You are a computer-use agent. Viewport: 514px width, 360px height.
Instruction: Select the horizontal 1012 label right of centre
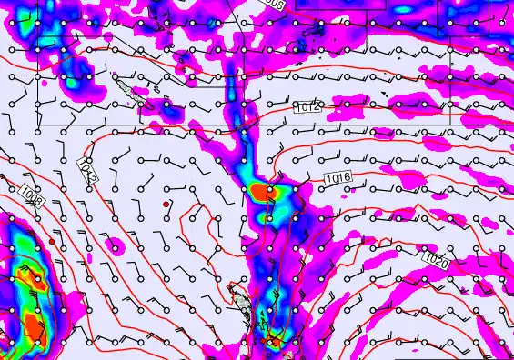point(308,108)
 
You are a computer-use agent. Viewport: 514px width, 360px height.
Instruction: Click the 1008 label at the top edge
point(270,5)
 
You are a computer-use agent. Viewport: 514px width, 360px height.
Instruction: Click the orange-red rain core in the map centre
point(263,192)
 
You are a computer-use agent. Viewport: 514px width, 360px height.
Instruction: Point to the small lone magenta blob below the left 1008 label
point(115,245)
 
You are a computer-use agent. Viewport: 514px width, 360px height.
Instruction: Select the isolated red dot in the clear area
point(166,205)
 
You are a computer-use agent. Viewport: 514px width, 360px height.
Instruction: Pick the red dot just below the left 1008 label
point(51,241)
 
